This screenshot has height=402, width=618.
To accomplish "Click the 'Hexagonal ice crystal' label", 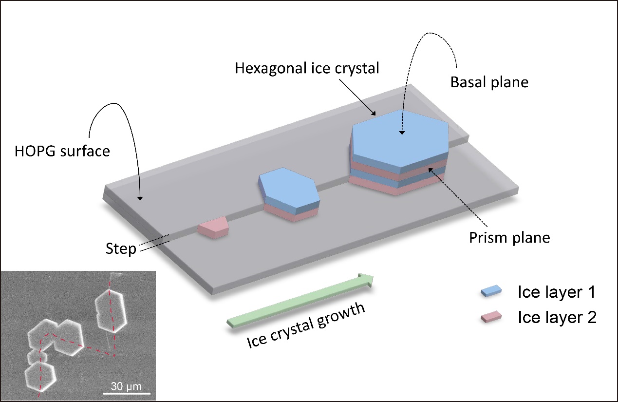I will pos(306,68).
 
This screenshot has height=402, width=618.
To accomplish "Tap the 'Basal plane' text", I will pos(489,82).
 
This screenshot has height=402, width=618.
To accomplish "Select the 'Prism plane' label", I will pos(509,238).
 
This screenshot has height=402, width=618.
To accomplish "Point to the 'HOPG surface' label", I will pos(62,151).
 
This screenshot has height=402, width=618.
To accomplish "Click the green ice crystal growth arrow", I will pos(300,300).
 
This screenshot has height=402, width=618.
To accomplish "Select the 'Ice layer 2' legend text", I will pos(557,318).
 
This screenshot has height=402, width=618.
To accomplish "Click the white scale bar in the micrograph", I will pos(126,393).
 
